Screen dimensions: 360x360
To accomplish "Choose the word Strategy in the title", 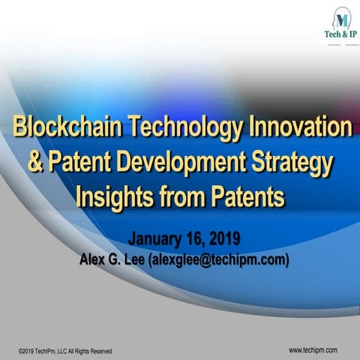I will [295, 161].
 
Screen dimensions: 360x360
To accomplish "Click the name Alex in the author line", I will [92, 259].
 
